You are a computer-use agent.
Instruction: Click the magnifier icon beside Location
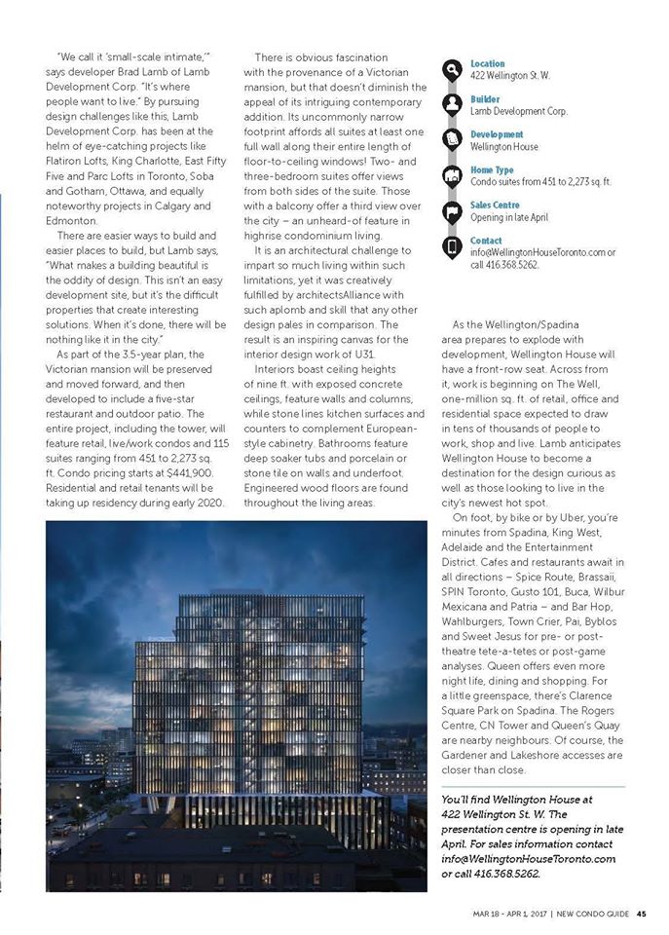[x=452, y=69]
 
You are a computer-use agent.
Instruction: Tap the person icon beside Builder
[x=452, y=104]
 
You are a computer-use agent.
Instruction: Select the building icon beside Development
[x=452, y=140]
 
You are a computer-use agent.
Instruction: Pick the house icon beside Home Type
[x=452, y=175]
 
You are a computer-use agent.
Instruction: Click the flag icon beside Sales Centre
[x=452, y=211]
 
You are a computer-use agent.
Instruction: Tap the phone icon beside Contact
[x=452, y=247]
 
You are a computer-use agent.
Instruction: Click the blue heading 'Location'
[x=488, y=63]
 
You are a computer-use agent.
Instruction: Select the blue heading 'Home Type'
[x=494, y=169]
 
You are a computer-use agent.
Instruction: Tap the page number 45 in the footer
[x=642, y=914]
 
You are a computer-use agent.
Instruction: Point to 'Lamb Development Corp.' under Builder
[x=519, y=111]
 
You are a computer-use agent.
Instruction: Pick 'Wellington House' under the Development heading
[x=504, y=147]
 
